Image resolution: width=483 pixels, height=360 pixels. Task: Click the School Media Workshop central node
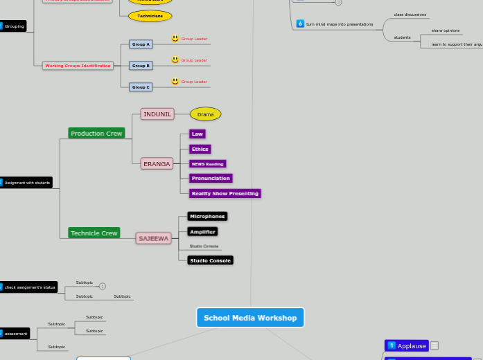pos(250,318)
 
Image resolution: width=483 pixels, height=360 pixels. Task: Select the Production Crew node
pos(96,133)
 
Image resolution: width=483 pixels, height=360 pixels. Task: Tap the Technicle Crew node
pos(94,233)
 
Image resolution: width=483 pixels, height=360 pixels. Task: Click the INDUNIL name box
pos(157,114)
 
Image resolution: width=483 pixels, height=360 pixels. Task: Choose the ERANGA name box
pos(157,164)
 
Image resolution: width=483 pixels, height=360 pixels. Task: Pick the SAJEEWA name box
pos(154,238)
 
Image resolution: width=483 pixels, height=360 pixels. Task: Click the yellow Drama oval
pos(206,114)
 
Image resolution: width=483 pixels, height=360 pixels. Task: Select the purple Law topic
pos(197,134)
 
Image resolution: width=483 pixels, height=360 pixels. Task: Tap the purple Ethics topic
pos(200,149)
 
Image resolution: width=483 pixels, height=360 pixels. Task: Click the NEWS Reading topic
pos(207,164)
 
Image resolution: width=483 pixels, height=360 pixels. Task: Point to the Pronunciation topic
pos(211,178)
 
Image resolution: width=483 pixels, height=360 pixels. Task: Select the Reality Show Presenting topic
pos(225,193)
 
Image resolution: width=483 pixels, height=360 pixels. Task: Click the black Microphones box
pos(207,217)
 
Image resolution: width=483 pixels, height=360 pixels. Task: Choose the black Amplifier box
pos(202,231)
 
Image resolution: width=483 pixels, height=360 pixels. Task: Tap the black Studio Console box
pos(210,260)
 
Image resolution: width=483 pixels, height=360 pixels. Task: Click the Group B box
pos(141,66)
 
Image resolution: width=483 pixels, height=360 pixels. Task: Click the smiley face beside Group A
pos(175,39)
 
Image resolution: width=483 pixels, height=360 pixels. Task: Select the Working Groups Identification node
pos(78,66)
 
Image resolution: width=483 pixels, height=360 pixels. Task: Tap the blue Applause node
pos(407,345)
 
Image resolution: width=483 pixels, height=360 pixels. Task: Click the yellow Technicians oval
pos(150,16)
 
